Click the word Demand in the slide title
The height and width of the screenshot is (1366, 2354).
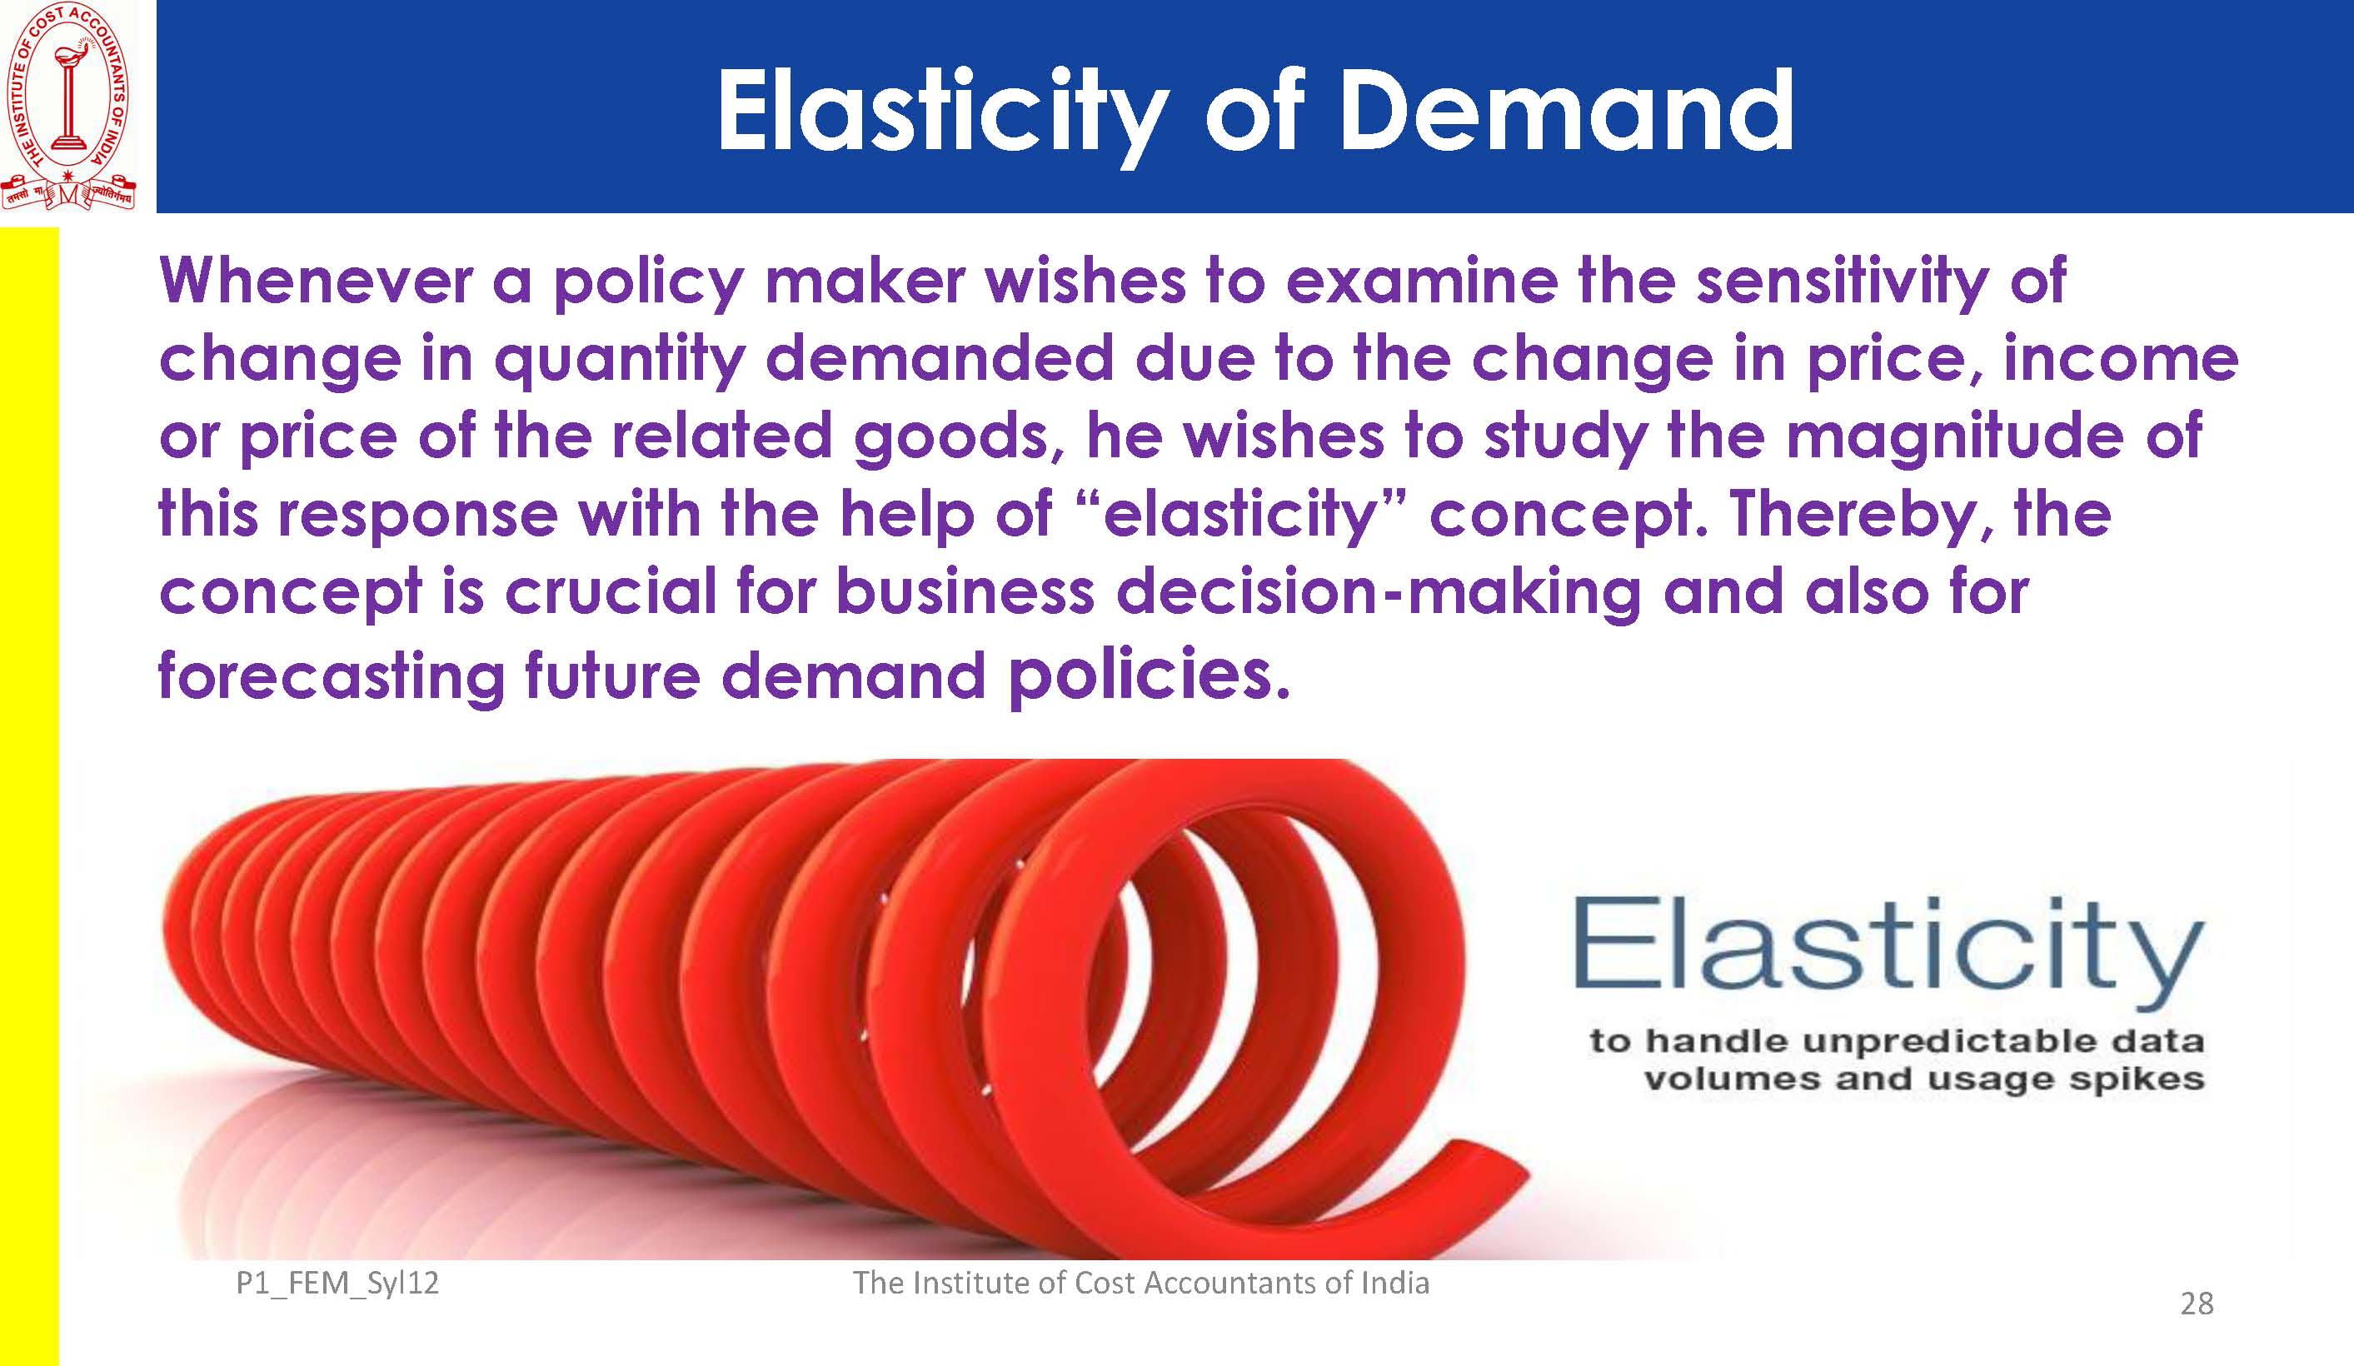pyautogui.click(x=1566, y=111)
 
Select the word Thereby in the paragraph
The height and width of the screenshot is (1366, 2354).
pyautogui.click(x=1859, y=516)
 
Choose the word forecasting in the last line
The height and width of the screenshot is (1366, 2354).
pyautogui.click(x=332, y=676)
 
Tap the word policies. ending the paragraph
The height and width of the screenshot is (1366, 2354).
pyautogui.click(x=1149, y=675)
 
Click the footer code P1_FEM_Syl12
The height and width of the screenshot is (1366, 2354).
pyautogui.click(x=337, y=1284)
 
